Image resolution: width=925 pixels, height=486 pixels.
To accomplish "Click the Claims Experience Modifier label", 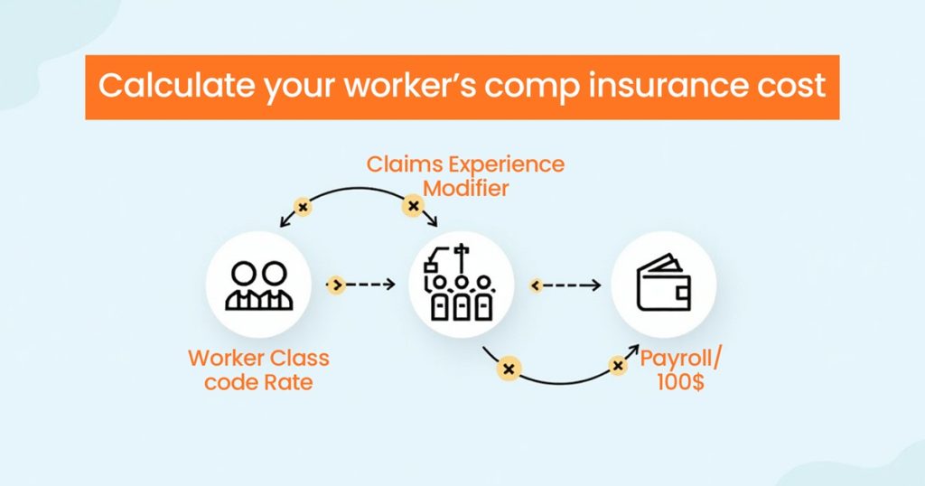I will click(x=465, y=176).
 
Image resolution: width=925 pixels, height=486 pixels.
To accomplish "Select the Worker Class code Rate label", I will click(x=258, y=369).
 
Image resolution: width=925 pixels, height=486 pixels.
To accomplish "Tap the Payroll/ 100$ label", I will click(x=681, y=369).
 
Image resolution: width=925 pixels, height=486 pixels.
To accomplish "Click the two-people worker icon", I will click(x=258, y=285).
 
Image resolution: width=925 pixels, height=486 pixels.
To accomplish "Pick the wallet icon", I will click(x=664, y=285).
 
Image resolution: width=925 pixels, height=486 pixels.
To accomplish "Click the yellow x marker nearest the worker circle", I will click(x=303, y=208).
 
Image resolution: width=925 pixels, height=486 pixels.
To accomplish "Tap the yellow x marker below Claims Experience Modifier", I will click(x=413, y=207).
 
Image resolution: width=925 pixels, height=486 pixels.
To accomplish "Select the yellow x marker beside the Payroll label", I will click(x=618, y=366).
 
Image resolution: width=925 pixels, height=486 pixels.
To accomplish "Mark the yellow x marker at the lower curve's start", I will click(x=509, y=369).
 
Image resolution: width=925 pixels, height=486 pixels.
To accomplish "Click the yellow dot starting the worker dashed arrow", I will click(x=335, y=285).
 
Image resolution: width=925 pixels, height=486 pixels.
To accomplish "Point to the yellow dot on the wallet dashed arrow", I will click(x=536, y=285).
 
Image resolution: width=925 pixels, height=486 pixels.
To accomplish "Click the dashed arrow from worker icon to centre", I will click(x=370, y=285).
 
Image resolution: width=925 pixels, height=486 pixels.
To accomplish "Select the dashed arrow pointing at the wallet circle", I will click(x=574, y=285).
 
